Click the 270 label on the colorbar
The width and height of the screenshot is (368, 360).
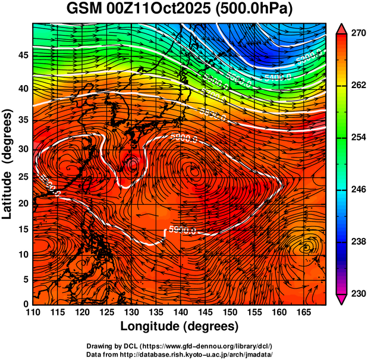tap(357, 34)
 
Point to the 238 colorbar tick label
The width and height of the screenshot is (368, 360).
tap(357, 242)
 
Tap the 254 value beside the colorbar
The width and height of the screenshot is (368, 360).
tap(357, 137)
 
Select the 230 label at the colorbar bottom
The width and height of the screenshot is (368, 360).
tap(357, 293)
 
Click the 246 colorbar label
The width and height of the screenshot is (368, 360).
tap(357, 190)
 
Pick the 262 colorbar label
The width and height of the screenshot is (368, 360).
tap(357, 86)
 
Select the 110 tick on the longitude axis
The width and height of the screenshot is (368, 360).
tap(33, 312)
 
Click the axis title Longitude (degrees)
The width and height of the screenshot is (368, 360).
tap(180, 326)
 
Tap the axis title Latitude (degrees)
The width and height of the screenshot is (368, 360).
tap(8, 164)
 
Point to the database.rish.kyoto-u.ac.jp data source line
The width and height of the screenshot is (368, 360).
tap(183, 354)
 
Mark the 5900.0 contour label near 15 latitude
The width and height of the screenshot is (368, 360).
tap(184, 229)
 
